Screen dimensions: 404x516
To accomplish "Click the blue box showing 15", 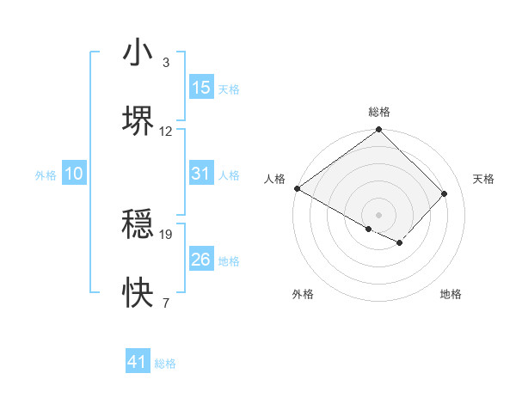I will (201, 88).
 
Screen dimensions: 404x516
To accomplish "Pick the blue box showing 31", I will (201, 174).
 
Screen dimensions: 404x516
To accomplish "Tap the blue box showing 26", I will (201, 260).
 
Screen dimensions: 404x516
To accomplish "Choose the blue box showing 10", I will (74, 174).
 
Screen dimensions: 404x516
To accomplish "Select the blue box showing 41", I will (138, 362).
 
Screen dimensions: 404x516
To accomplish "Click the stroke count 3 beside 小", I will (166, 63).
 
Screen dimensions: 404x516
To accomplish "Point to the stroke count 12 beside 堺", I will (166, 132).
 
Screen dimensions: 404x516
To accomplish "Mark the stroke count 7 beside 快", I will (166, 303).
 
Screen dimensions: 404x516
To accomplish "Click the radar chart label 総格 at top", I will (378, 112).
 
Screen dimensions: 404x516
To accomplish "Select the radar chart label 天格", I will (483, 179).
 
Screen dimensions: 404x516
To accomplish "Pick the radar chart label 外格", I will (303, 294).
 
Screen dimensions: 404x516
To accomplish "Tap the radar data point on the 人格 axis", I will (297, 188).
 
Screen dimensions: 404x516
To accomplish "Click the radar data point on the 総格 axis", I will (378, 131).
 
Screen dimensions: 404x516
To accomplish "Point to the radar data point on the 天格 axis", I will (445, 193).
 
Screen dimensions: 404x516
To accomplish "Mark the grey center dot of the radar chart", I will (378, 214).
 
